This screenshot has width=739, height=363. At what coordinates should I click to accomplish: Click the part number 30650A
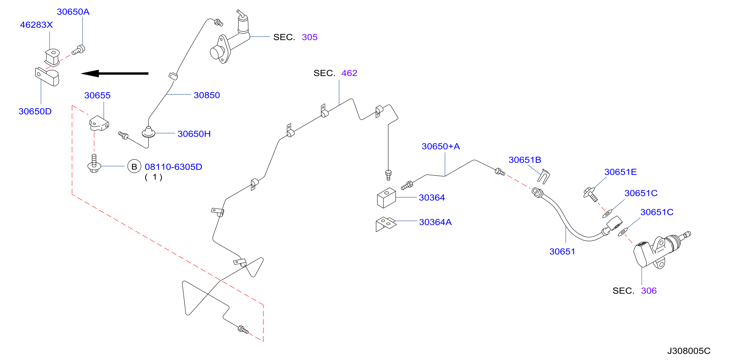pos(73,12)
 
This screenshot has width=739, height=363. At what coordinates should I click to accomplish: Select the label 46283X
pos(36,25)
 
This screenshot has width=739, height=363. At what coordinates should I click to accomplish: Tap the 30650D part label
pos(35,112)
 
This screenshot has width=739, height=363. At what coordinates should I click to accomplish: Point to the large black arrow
pos(115,74)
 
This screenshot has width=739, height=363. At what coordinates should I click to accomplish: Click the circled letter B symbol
pos(134,167)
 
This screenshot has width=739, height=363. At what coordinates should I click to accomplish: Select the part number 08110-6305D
pos(173,167)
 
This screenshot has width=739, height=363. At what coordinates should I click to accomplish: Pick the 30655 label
pos(97,95)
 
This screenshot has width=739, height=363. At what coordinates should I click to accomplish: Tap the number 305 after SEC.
pos(310,37)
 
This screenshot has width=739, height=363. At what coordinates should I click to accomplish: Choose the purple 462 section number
pos(349,73)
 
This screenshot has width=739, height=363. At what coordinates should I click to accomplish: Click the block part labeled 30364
pos(386,198)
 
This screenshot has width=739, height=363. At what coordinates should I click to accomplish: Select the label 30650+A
pos(441,147)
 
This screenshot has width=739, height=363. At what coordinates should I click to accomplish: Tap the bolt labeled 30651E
pos(590,194)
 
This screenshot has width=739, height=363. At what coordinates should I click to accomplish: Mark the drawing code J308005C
pos(689,351)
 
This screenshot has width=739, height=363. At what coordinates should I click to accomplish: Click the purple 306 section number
pos(649,291)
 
